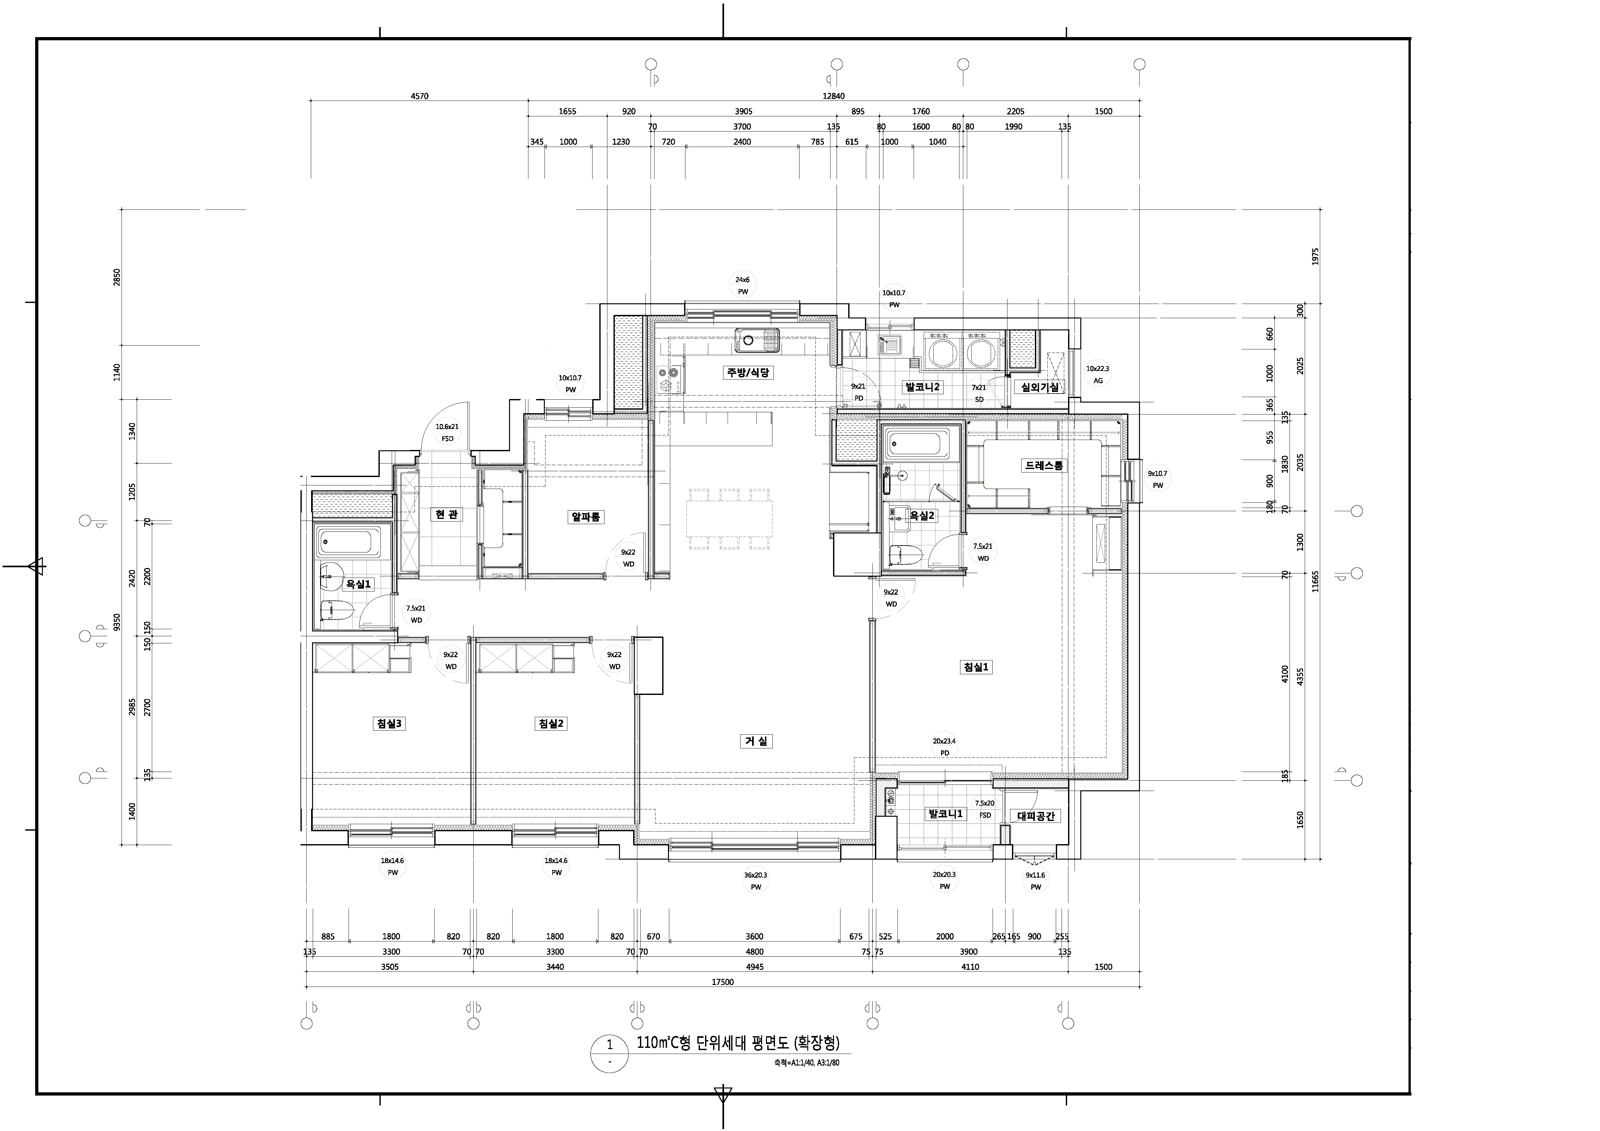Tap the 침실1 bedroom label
pyautogui.click(x=976, y=667)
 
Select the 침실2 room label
pyautogui.click(x=551, y=723)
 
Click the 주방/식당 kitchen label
pyautogui.click(x=748, y=372)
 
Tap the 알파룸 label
pyautogui.click(x=586, y=516)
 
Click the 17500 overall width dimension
pyautogui.click(x=723, y=982)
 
